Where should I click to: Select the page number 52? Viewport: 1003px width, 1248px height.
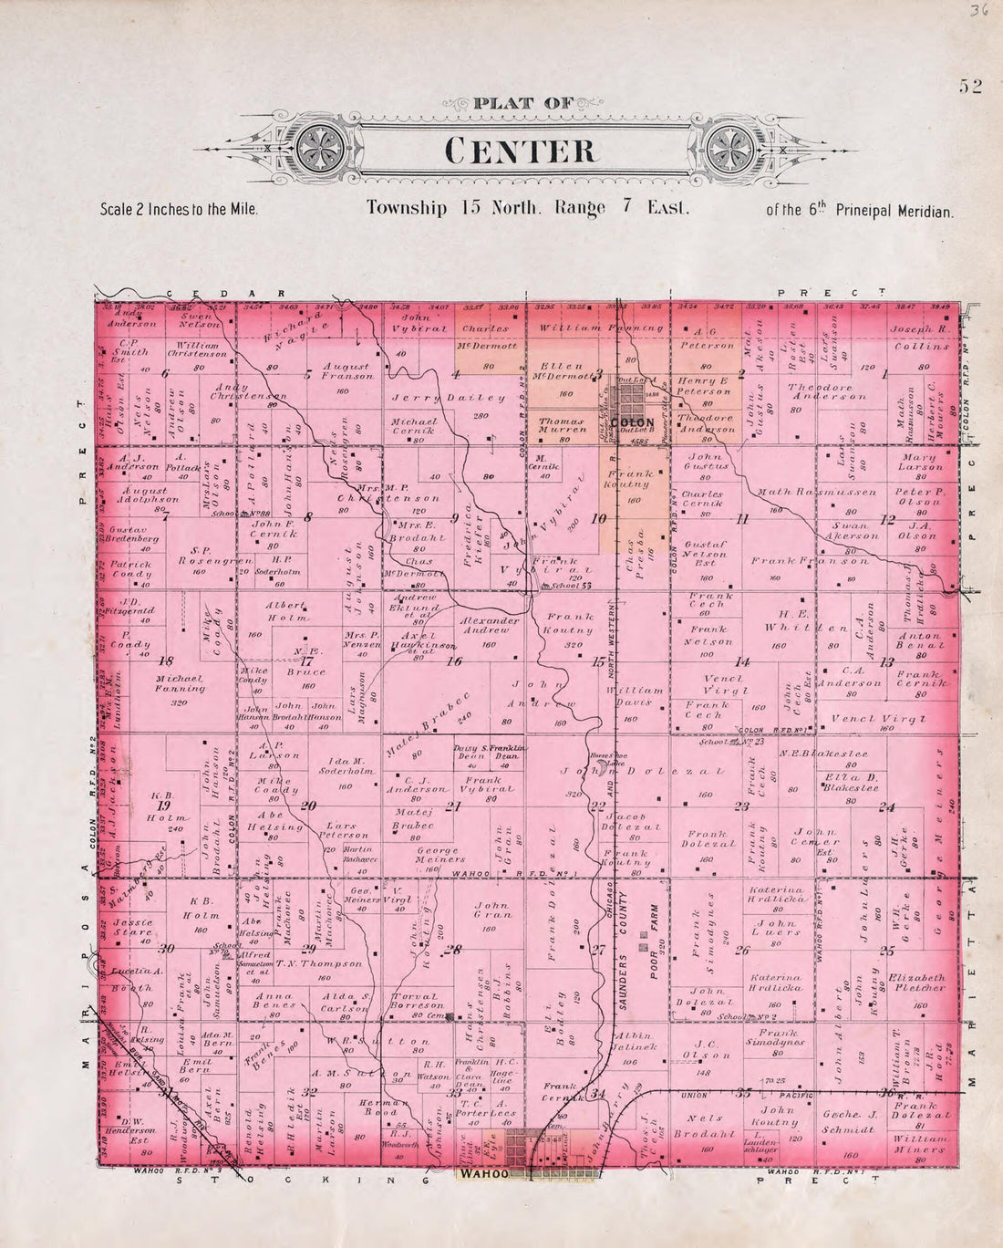969,88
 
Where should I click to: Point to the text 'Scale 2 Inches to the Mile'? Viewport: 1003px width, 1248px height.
179,209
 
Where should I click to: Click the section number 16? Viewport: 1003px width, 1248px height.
453,661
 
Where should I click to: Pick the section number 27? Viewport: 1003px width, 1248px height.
598,950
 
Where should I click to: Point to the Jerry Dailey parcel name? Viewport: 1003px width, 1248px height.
448,398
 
